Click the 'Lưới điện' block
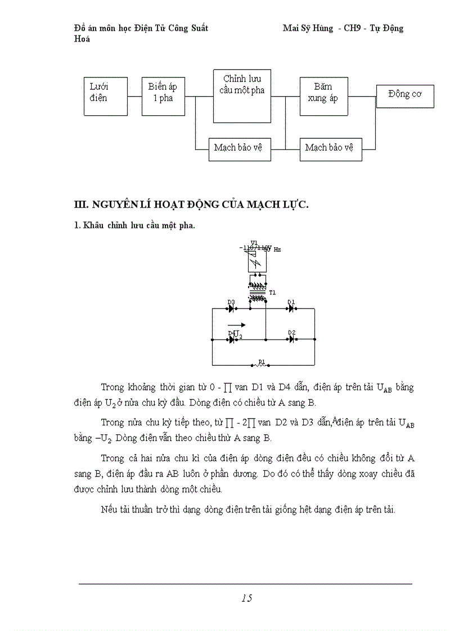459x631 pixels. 106,96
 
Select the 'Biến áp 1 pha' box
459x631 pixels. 163,96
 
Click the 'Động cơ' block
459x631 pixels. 405,95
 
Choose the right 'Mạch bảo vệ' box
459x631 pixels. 330,149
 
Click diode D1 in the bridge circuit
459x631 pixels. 291,308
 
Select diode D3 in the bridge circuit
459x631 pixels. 232,308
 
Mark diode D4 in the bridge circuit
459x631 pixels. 232,340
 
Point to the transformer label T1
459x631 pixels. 273,293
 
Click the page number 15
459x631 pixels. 246,598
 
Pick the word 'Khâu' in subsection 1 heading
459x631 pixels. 93,226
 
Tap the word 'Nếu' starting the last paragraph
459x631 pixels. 109,510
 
